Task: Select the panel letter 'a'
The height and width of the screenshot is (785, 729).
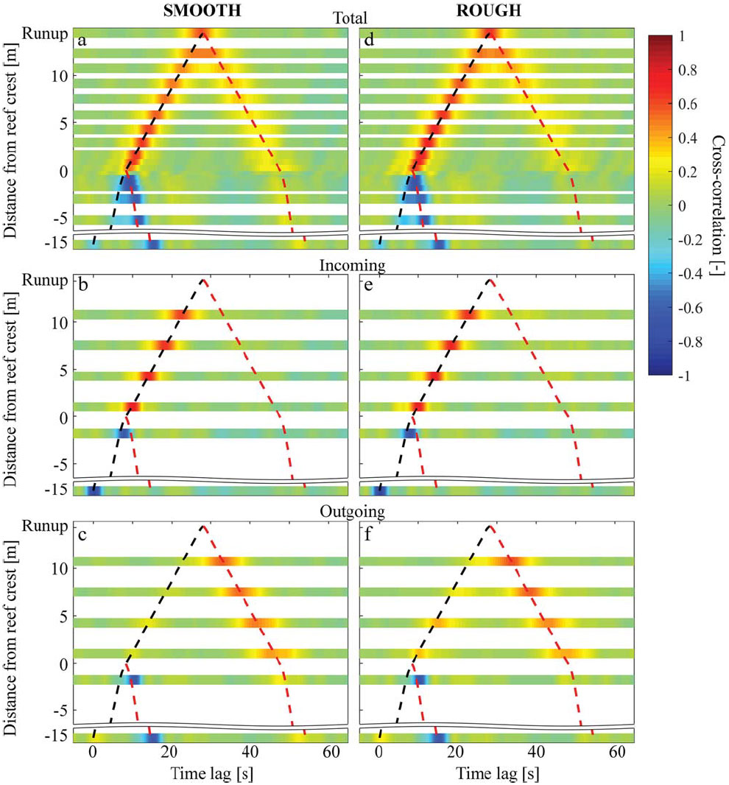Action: click(82, 41)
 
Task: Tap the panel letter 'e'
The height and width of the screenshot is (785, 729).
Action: click(368, 286)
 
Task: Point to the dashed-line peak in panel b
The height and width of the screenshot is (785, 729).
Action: click(203, 280)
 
